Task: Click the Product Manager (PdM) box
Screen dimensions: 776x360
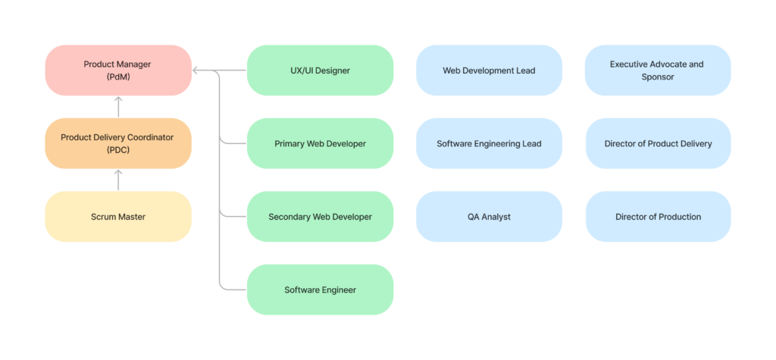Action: tap(118, 70)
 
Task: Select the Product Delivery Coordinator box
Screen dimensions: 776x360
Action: tap(118, 143)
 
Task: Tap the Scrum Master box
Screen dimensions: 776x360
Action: tap(118, 217)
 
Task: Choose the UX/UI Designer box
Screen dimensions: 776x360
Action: tap(321, 70)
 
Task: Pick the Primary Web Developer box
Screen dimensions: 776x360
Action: tap(321, 143)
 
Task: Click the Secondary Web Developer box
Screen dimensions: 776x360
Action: tap(321, 217)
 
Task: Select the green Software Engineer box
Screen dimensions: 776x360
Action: tap(321, 290)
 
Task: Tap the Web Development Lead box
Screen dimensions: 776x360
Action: tap(489, 70)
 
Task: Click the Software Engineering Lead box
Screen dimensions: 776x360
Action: tap(489, 143)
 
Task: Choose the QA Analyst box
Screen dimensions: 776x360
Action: tap(489, 217)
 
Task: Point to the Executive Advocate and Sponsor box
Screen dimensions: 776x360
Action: tap(659, 70)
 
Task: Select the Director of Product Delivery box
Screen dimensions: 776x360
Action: tap(659, 143)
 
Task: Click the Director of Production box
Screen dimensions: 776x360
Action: tap(659, 217)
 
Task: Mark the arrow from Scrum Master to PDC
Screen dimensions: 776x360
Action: tap(118, 180)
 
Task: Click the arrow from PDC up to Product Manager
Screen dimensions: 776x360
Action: tap(118, 107)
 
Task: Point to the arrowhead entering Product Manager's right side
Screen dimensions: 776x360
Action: tap(195, 70)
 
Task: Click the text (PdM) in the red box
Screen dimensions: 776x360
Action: tap(118, 77)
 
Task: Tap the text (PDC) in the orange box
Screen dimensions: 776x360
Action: tap(118, 150)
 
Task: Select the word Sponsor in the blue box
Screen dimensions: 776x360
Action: tap(658, 77)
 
